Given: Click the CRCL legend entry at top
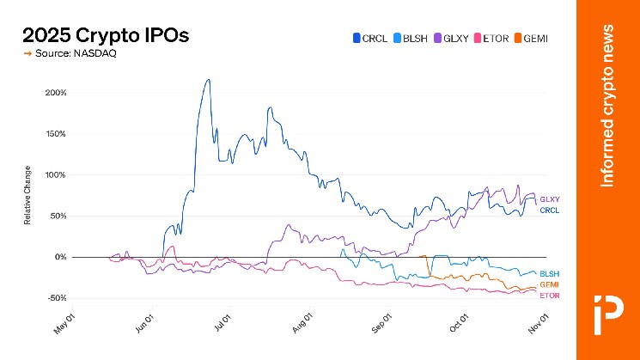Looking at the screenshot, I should pyautogui.click(x=369, y=38).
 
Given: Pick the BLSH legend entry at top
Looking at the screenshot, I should pyautogui.click(x=409, y=38).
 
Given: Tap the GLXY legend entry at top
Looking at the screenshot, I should pyautogui.click(x=449, y=38).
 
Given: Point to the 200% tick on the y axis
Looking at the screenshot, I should pyautogui.click(x=55, y=93).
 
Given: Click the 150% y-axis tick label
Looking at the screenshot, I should pyautogui.click(x=55, y=134).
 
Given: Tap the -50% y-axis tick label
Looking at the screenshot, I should pyautogui.click(x=55, y=298).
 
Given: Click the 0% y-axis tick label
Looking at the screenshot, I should pyautogui.click(x=59, y=257).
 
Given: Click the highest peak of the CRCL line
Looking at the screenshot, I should pyautogui.click(x=207, y=80).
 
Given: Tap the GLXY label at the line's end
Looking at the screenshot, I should pyautogui.click(x=549, y=199).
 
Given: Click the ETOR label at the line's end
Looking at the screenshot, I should pyautogui.click(x=549, y=296).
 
